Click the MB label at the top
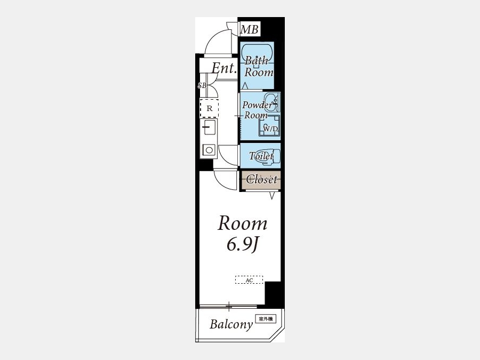(249, 29)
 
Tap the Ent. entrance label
(225, 68)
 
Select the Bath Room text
(259, 67)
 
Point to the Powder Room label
(257, 110)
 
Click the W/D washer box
(269, 125)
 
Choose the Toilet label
(261, 156)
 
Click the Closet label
(262, 179)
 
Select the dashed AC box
(249, 280)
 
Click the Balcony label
(231, 324)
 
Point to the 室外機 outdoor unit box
(266, 319)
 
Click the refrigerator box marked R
(210, 108)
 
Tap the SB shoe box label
(202, 86)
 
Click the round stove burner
(210, 150)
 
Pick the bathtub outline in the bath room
(257, 54)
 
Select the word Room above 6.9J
(243, 223)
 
